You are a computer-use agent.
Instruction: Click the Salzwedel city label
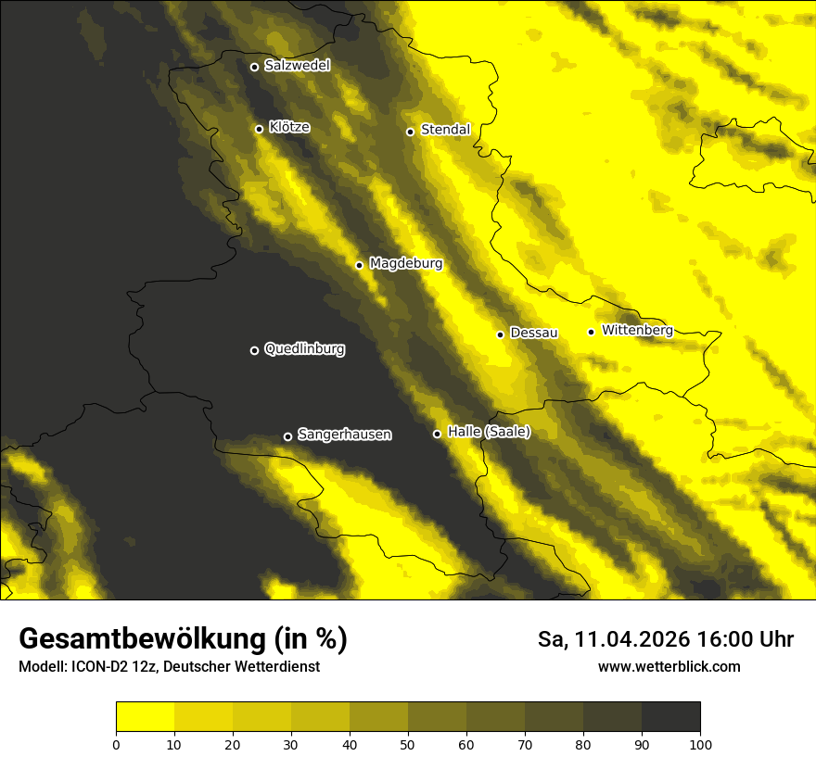297,66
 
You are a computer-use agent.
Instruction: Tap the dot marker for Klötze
259,129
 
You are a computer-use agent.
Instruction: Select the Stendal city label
445,130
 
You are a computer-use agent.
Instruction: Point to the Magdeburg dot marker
360,265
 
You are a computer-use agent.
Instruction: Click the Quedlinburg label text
304,349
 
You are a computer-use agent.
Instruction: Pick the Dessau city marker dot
500,334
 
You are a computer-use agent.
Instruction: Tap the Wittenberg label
636,330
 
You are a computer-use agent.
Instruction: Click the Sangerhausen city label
344,434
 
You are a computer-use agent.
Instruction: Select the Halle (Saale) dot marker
437,434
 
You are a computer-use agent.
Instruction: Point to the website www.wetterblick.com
669,666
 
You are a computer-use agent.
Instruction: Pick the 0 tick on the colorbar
116,744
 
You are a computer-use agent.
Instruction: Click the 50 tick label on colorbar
408,744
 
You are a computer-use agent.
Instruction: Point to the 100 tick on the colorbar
700,744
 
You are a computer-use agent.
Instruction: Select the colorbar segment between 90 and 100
670,716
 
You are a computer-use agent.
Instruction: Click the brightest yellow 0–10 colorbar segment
145,716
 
